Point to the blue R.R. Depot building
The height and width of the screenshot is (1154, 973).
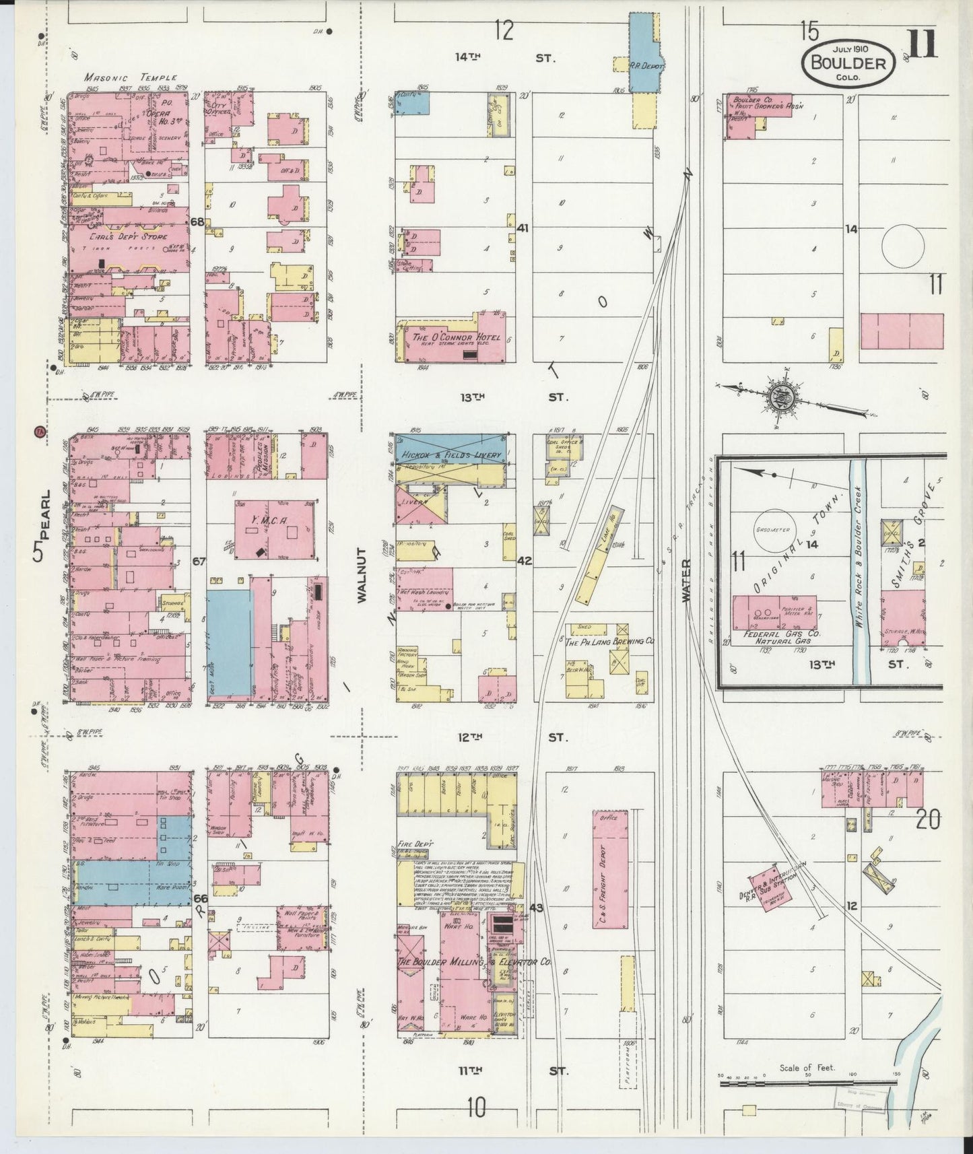click(x=645, y=54)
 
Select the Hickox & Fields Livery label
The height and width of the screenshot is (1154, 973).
click(x=449, y=456)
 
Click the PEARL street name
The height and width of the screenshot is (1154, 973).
click(x=43, y=525)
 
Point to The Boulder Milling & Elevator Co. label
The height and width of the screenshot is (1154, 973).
click(x=474, y=963)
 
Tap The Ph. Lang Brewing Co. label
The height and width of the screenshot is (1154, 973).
click(x=609, y=642)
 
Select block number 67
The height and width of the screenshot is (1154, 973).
click(x=198, y=561)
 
